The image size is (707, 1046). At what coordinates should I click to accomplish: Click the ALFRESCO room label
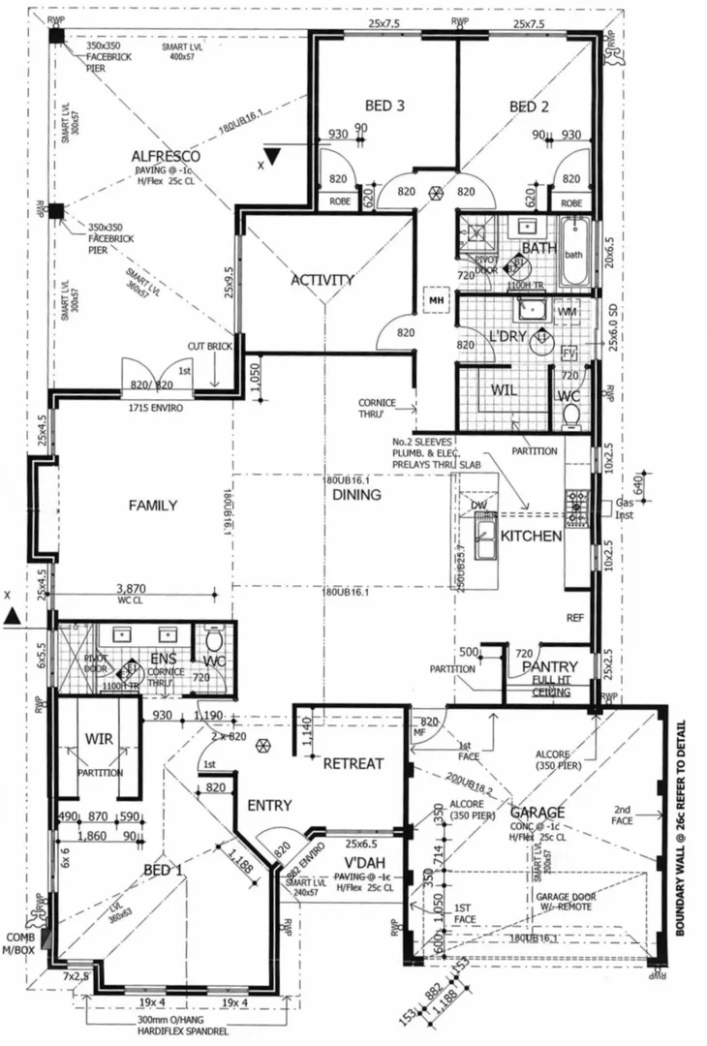pyautogui.click(x=166, y=156)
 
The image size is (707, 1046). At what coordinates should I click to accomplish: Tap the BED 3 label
pyautogui.click(x=384, y=106)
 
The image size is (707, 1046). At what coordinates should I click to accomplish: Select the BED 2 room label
pyautogui.click(x=530, y=106)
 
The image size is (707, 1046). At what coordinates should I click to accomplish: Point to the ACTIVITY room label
pyautogui.click(x=323, y=280)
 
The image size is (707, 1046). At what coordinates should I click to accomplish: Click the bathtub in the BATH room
pyautogui.click(x=574, y=254)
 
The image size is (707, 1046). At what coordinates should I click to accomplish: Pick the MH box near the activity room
pyautogui.click(x=435, y=300)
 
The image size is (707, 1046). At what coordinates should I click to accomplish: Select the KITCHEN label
pyautogui.click(x=532, y=535)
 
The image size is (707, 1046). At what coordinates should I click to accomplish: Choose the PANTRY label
pyautogui.click(x=549, y=666)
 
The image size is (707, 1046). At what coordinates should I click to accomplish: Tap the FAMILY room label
pyautogui.click(x=153, y=505)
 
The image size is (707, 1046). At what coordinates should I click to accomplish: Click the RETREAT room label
pyautogui.click(x=353, y=763)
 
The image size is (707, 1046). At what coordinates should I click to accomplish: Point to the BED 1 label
pyautogui.click(x=163, y=869)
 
